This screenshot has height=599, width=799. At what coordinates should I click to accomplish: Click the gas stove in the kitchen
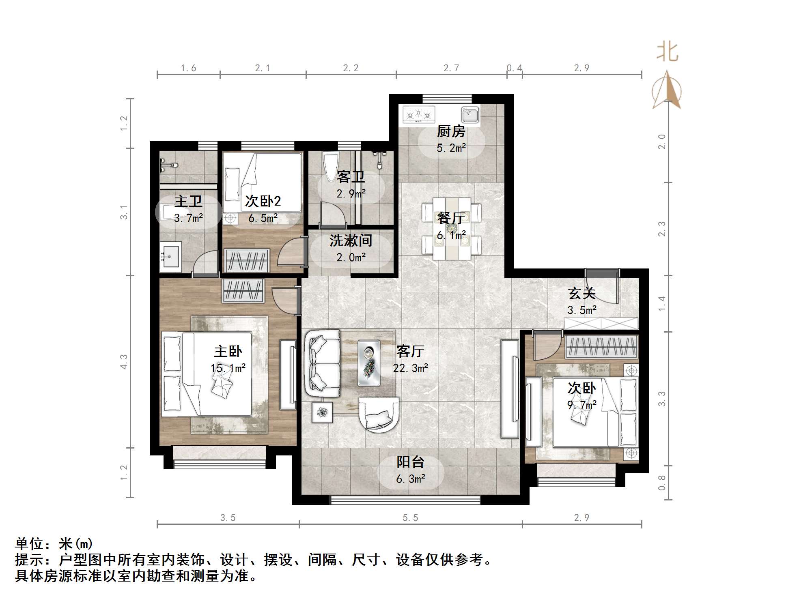click(418, 115)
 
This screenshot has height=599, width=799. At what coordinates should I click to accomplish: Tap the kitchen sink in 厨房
click(470, 114)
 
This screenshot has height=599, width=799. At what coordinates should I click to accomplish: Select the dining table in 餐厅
click(451, 228)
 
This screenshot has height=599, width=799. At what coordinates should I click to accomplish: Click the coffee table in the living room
click(368, 363)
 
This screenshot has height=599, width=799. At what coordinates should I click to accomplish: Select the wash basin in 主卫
click(170, 256)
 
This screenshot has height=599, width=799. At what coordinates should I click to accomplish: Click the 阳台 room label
click(410, 462)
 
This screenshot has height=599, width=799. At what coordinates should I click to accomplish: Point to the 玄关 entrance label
click(581, 293)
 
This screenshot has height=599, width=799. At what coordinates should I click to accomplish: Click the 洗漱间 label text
click(351, 240)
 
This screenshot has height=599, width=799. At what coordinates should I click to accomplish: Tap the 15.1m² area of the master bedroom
click(228, 368)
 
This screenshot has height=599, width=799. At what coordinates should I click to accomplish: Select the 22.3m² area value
click(410, 368)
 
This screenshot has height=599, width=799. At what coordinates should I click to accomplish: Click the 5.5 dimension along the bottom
click(410, 518)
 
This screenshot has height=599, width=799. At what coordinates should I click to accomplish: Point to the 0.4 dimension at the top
click(514, 68)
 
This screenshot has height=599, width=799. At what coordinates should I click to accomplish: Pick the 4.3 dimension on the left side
click(124, 361)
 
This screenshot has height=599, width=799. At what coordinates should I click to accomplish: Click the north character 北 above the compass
click(667, 52)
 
